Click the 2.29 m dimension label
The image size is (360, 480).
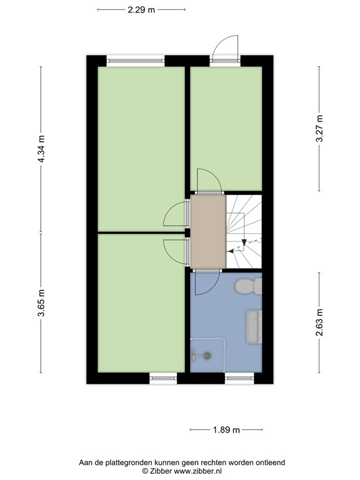pyautogui.click(x=141, y=10)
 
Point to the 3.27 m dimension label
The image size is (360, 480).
pyautogui.click(x=319, y=128)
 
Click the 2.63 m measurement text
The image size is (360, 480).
pyautogui.click(x=319, y=322)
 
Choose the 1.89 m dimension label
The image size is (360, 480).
pyautogui.click(x=226, y=430)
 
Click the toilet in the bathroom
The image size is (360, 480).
pyautogui.click(x=248, y=286)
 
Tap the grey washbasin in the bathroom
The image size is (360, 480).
pyautogui.click(x=254, y=327)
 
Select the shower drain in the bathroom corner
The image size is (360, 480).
pyautogui.click(x=207, y=356)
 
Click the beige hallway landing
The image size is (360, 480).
pyautogui.click(x=208, y=231)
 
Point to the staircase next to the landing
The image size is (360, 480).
pyautogui.click(x=244, y=231)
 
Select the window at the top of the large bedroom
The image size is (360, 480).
pyautogui.click(x=135, y=61)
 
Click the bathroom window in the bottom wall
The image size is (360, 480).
pyautogui.click(x=239, y=378)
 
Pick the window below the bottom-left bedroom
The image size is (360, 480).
pyautogui.click(x=163, y=378)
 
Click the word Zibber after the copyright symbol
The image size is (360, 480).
pyautogui.click(x=161, y=471)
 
